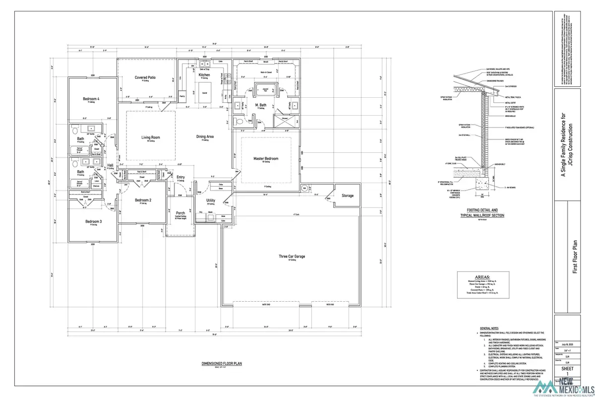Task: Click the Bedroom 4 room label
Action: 91,99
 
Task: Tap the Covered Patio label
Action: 146,77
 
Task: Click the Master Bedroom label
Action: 266,158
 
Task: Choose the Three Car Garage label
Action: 291,257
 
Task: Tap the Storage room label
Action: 348,196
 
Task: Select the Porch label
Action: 180,213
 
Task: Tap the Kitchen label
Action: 204,75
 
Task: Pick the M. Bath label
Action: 262,106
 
